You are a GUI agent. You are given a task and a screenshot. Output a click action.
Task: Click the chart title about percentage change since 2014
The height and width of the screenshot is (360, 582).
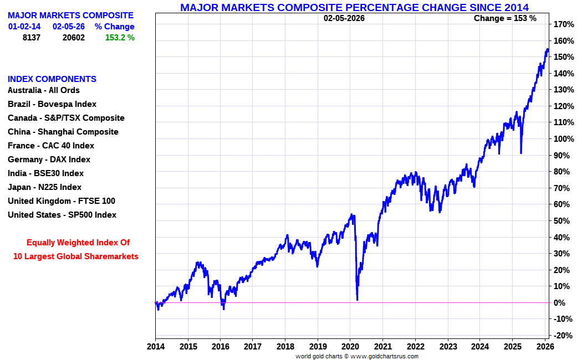tap(354, 7)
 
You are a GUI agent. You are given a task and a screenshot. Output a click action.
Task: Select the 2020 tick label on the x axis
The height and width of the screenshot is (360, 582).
tap(350, 347)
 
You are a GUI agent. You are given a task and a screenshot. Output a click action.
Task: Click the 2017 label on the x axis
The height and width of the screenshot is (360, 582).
tap(253, 347)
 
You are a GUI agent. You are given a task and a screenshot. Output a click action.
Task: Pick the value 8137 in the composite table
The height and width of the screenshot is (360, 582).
tap(31, 38)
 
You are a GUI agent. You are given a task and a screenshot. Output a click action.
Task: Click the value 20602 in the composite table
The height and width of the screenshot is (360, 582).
tap(73, 38)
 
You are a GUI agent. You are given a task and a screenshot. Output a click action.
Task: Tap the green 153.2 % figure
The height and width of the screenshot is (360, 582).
tap(120, 38)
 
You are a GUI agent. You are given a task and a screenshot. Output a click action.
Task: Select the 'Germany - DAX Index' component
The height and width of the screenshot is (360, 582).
tap(49, 160)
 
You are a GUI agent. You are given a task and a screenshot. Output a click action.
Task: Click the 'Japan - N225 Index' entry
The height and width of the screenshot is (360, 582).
tap(44, 187)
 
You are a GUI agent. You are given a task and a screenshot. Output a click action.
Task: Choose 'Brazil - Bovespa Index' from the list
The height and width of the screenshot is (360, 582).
tap(52, 104)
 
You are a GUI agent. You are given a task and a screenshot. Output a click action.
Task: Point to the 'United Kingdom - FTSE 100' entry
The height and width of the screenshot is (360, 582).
tap(62, 201)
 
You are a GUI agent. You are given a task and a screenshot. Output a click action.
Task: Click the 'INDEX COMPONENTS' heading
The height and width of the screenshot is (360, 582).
tap(52, 79)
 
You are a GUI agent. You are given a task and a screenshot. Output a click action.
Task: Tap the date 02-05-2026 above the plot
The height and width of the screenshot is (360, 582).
tap(344, 18)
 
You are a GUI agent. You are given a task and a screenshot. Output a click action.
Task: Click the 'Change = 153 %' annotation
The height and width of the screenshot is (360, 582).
tap(505, 18)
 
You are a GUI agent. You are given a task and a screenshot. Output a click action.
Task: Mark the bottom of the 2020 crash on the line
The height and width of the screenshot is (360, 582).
tap(357, 300)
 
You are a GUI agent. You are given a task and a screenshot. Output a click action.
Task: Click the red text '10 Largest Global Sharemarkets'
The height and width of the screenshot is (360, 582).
tap(76, 256)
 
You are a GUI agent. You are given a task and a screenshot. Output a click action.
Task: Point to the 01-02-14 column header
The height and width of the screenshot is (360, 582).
tap(24, 27)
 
